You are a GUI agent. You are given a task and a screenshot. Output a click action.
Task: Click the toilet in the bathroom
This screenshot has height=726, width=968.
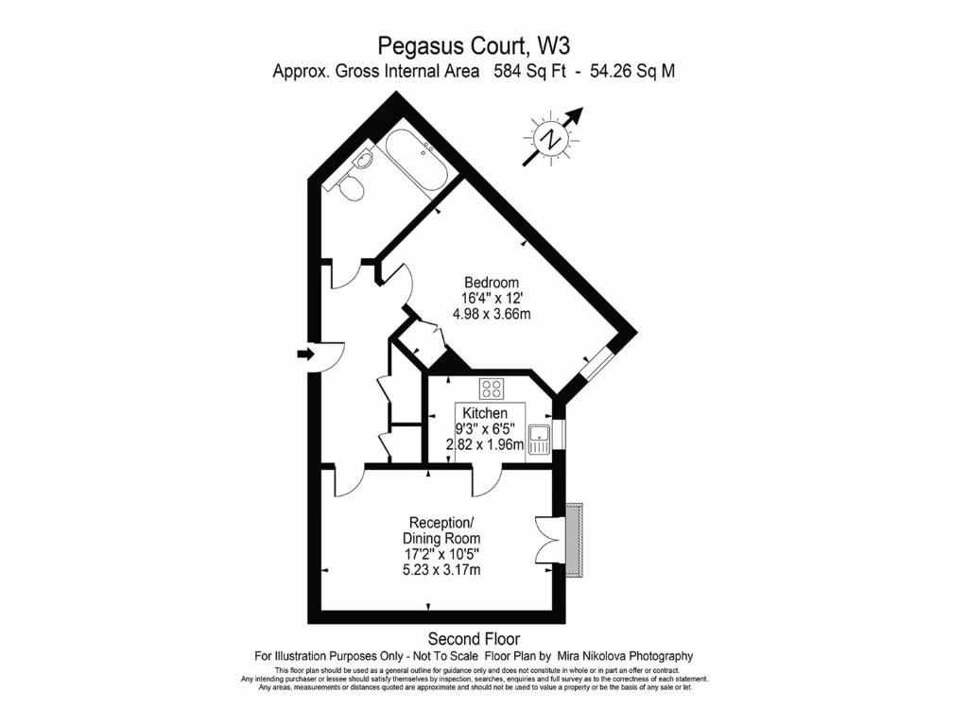353,190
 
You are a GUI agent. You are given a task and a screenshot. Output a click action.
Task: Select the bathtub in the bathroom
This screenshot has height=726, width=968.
416,162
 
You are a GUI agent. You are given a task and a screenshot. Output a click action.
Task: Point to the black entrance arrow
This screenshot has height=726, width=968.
304,354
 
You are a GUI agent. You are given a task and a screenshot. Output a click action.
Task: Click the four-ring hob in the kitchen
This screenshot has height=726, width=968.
492,388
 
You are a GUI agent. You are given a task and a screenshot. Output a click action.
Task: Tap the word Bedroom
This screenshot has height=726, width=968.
492,282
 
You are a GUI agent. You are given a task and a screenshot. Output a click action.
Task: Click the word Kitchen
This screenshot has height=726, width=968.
485,413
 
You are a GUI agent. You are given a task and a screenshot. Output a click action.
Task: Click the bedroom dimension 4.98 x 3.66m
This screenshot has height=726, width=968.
492,314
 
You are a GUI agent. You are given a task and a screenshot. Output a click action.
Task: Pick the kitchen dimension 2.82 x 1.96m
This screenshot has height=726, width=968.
485,445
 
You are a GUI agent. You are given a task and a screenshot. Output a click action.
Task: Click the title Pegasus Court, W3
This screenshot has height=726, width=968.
474,44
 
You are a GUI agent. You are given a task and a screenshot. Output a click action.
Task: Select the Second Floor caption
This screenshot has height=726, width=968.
474,639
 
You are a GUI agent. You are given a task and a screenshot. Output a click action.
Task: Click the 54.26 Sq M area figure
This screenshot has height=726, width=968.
631,71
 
